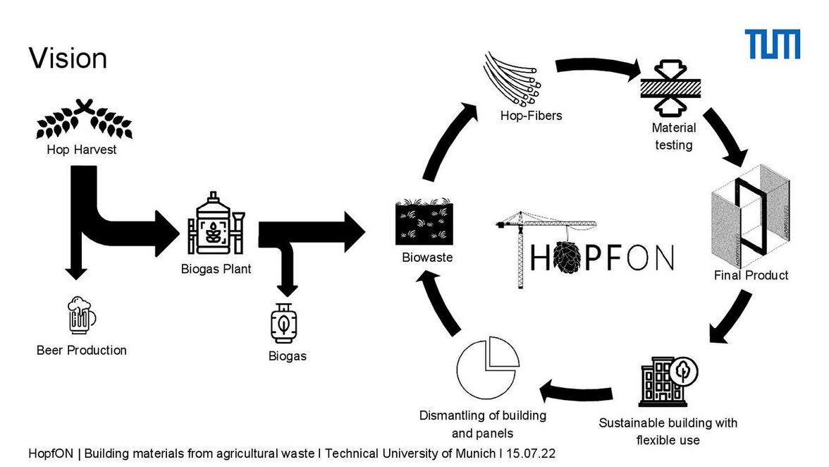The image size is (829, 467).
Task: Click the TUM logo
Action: click(773, 44)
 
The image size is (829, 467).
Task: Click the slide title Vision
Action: click(68, 58)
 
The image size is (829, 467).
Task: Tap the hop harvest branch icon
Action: click(84, 121)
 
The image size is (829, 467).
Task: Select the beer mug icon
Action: click(81, 315)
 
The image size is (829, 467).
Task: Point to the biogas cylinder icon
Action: click(283, 323)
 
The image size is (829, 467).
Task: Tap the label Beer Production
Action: click(82, 350)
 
